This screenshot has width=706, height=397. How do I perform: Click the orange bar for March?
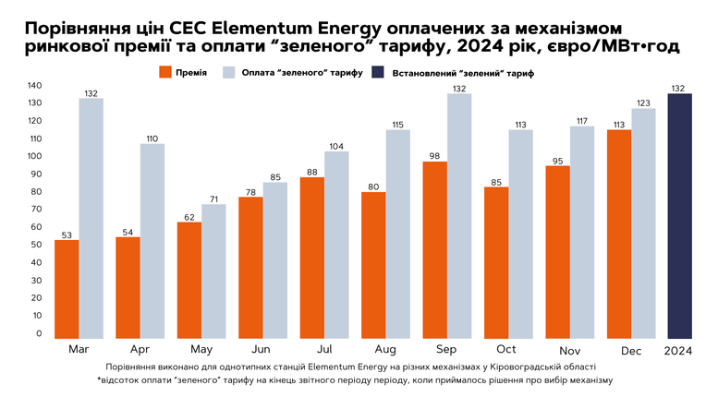click(x=67, y=289)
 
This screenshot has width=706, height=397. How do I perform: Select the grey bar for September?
click(x=459, y=216)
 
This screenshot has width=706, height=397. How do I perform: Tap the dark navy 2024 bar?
click(x=679, y=216)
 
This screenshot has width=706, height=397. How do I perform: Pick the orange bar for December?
click(x=619, y=235)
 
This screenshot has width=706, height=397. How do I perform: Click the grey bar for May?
click(x=213, y=271)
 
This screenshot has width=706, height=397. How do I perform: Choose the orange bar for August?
click(x=373, y=265)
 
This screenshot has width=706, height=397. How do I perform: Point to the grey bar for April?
click(x=152, y=241)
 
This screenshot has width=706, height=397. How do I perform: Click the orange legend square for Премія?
click(x=165, y=72)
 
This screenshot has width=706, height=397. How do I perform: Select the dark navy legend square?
click(x=378, y=72)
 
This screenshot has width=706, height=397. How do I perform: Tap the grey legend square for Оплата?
click(x=229, y=72)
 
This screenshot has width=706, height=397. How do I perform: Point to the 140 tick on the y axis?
click(x=35, y=86)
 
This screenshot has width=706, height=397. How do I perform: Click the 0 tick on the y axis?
click(x=39, y=333)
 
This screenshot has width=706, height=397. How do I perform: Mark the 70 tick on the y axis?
click(x=35, y=209)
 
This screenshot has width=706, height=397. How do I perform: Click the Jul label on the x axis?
click(x=324, y=349)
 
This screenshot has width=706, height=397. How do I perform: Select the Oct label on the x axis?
click(x=506, y=349)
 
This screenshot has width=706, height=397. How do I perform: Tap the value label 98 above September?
click(x=434, y=156)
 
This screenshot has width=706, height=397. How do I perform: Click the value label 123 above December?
click(x=643, y=103)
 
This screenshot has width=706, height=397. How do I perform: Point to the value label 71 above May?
click(x=213, y=199)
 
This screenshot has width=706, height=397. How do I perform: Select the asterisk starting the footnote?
click(x=99, y=379)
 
